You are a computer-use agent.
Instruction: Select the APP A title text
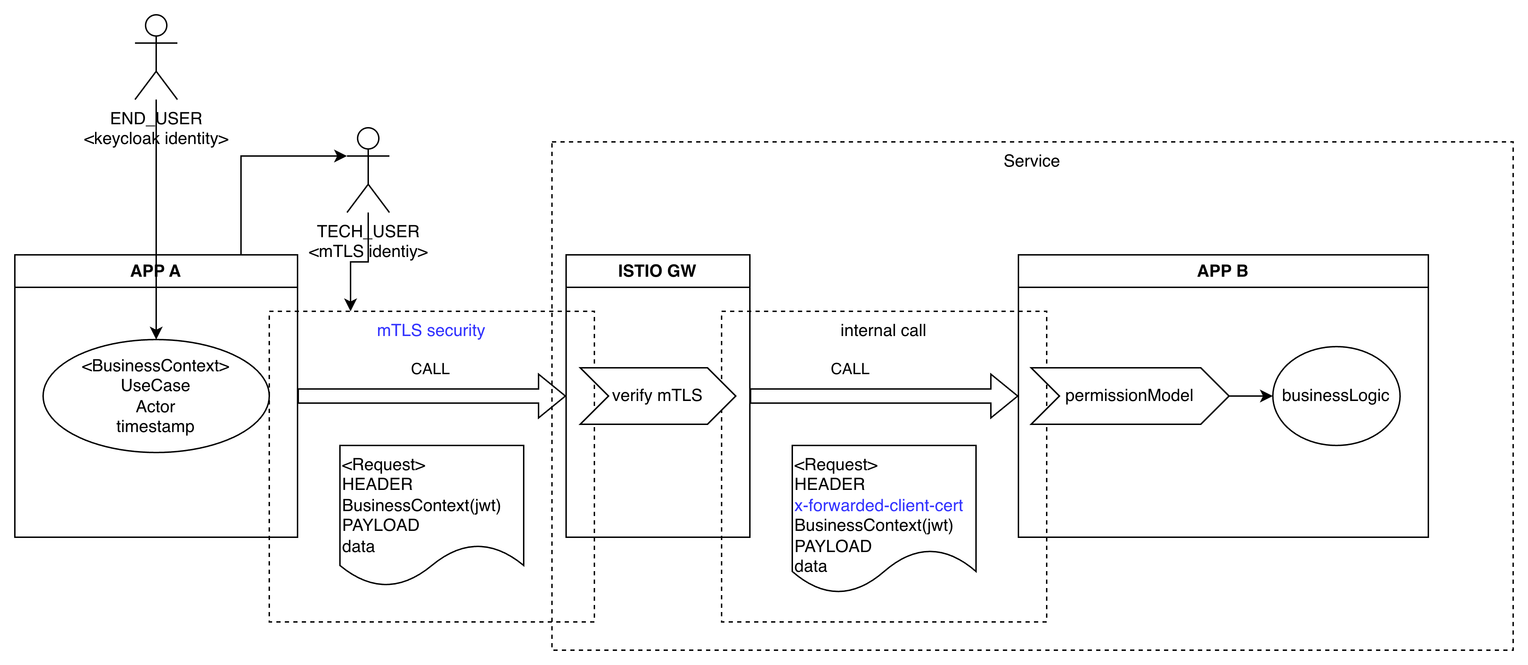155,271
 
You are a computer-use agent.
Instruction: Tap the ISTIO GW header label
657,271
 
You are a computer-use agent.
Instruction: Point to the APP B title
1223,271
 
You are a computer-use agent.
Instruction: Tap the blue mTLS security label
431,330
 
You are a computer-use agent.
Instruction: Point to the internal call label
883,330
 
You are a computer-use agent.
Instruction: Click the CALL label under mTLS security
430,369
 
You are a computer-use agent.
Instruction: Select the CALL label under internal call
850,369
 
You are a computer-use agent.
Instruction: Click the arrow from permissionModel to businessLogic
1250,396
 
